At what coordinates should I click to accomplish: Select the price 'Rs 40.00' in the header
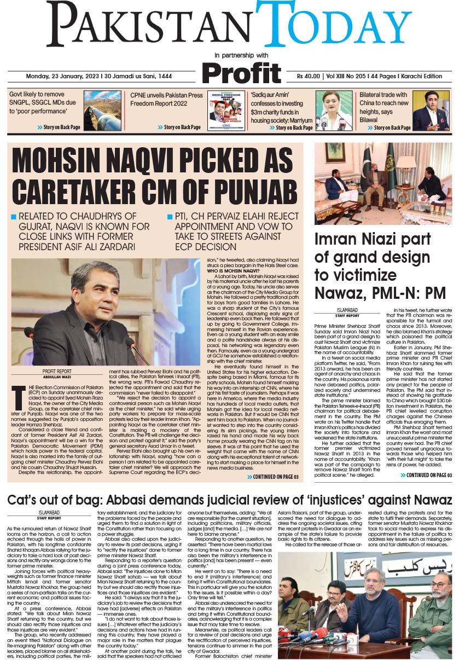point(309,76)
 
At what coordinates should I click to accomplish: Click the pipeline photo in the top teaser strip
point(102,110)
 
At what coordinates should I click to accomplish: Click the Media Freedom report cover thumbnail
point(226,110)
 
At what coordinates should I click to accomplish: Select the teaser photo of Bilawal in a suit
point(431,110)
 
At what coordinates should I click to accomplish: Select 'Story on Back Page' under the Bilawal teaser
point(391,128)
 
